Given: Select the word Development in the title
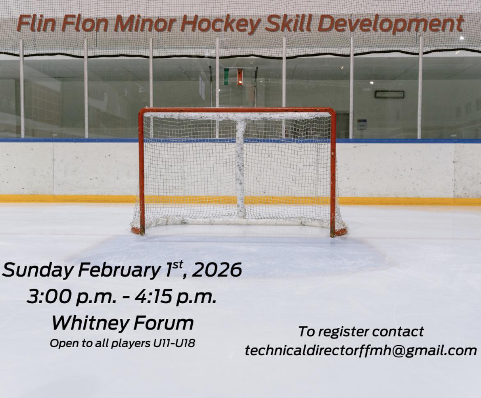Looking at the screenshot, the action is (390, 24).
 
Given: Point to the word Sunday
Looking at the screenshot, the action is (38, 270).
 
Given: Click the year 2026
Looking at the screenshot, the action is (217, 270).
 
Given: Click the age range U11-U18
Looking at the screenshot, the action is (174, 343).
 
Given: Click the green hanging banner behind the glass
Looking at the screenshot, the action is (227, 76).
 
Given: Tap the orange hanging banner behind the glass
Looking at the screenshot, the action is (240, 77).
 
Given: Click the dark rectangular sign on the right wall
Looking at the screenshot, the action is (389, 94).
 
